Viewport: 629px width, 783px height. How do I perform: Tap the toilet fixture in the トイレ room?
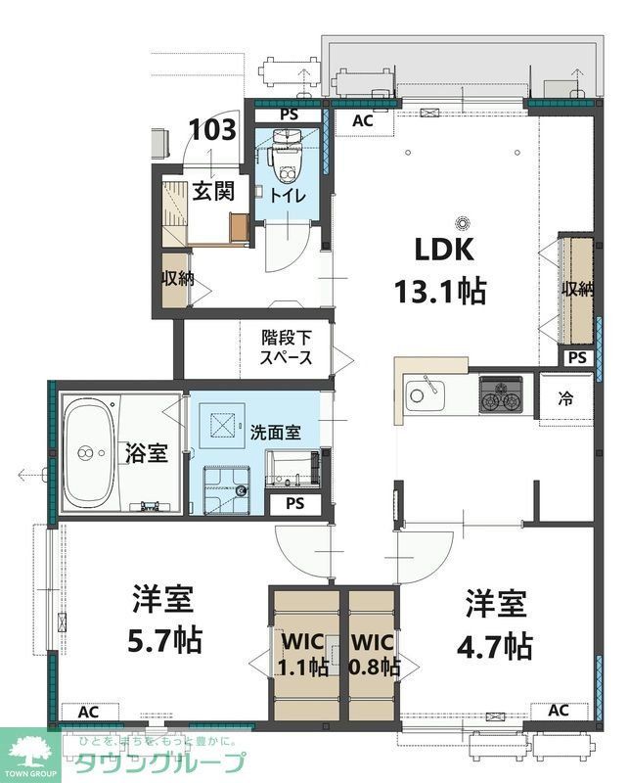pyautogui.click(x=286, y=162)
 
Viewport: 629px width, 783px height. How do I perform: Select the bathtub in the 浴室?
pyautogui.click(x=89, y=452)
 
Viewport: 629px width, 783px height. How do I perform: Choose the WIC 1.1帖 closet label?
pyautogui.click(x=303, y=656)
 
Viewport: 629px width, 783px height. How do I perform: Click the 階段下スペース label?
pyautogui.click(x=286, y=347)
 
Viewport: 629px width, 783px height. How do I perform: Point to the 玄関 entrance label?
pyautogui.click(x=212, y=192)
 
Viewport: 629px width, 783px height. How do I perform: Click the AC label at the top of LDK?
pyautogui.click(x=363, y=120)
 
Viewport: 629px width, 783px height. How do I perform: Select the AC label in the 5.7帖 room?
pyautogui.click(x=87, y=712)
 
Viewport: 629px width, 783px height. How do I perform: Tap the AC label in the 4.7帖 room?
pyautogui.click(x=559, y=711)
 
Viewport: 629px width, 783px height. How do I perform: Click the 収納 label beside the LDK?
pyautogui.click(x=577, y=290)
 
